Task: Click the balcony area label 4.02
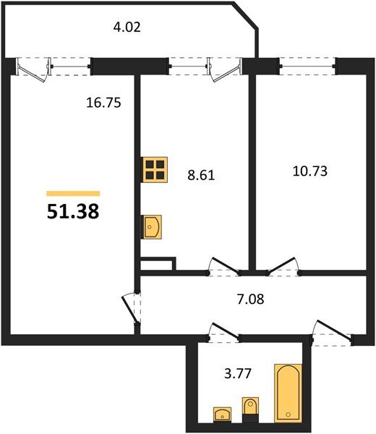127,27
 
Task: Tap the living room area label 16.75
103,103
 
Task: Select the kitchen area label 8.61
201,175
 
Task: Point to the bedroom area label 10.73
310,171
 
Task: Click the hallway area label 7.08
251,299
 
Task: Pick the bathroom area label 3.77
238,373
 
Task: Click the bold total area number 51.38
73,211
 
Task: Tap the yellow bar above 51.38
73,193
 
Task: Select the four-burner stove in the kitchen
155,169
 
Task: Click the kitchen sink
151,227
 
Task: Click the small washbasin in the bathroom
223,414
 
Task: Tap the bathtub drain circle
289,414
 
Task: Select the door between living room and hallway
131,308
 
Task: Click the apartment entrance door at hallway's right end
332,333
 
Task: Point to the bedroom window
307,67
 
